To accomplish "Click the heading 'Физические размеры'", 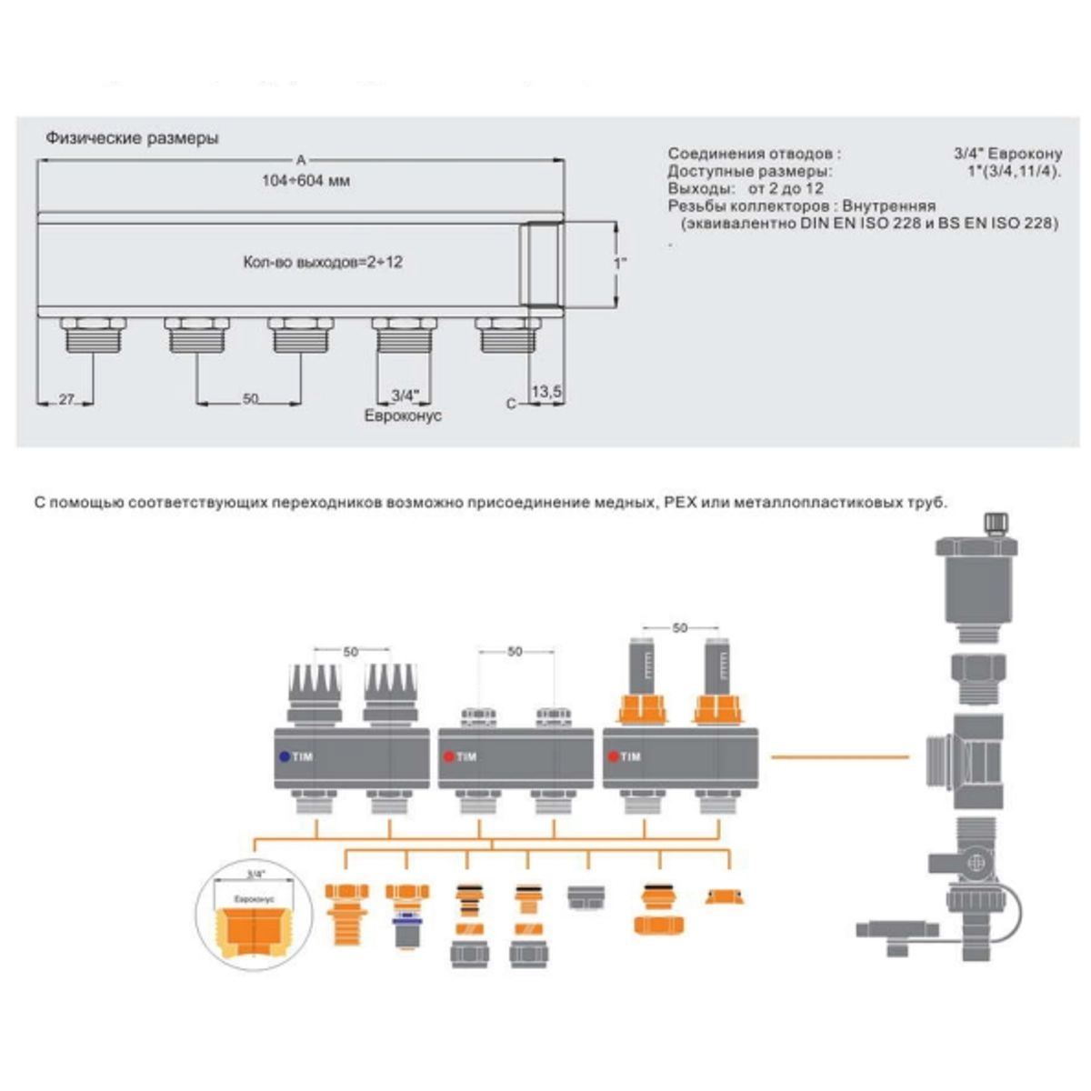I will (132, 139).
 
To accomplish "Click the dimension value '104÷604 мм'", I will (305, 181).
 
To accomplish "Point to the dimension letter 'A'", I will (301, 160).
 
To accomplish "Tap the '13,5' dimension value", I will (546, 392).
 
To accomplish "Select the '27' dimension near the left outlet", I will (65, 399).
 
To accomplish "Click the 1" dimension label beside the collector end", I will (620, 263).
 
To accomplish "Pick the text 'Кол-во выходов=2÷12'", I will (323, 262).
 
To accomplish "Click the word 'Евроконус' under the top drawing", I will (403, 415).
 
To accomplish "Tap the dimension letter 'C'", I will (511, 404).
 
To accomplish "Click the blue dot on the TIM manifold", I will (285, 756).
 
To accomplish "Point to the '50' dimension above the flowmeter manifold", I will (680, 628).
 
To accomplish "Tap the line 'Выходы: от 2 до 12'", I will (745, 189).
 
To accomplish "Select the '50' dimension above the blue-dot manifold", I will (351, 652).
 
